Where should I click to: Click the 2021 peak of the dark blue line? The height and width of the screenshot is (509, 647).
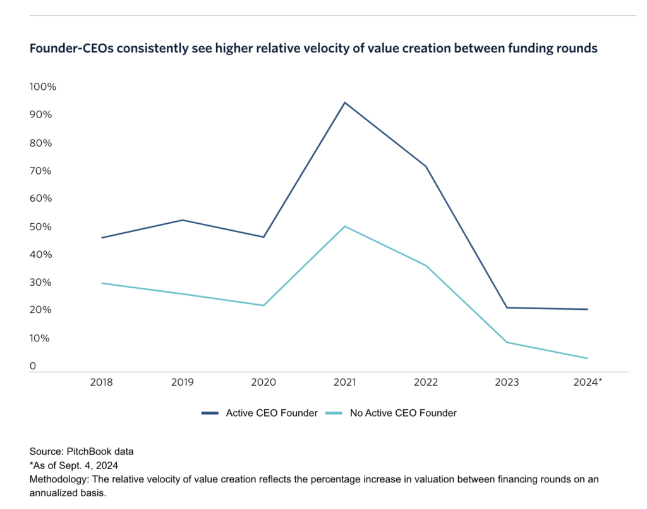[344, 102]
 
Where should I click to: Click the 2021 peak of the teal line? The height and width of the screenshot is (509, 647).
[344, 226]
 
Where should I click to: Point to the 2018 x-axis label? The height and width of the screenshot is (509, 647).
[101, 382]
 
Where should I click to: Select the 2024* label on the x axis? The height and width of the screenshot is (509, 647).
[588, 382]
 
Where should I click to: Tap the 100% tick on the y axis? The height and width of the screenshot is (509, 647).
[43, 87]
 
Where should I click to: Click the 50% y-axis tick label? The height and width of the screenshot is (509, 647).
[40, 226]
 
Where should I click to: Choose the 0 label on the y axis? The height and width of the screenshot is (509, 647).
[33, 366]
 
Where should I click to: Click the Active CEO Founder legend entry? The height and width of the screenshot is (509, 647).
[259, 413]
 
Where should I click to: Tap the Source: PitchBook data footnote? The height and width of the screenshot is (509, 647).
[82, 452]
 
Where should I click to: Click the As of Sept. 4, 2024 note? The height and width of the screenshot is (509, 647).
[75, 466]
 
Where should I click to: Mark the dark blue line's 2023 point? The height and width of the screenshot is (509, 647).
[507, 308]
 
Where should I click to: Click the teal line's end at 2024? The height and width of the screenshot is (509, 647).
[588, 359]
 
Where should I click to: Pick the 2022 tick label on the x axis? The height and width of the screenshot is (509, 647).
[425, 382]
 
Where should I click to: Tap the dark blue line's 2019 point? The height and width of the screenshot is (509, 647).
[183, 220]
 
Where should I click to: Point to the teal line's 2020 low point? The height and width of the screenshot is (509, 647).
[263, 305]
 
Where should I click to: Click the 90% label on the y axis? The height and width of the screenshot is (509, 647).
[40, 115]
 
